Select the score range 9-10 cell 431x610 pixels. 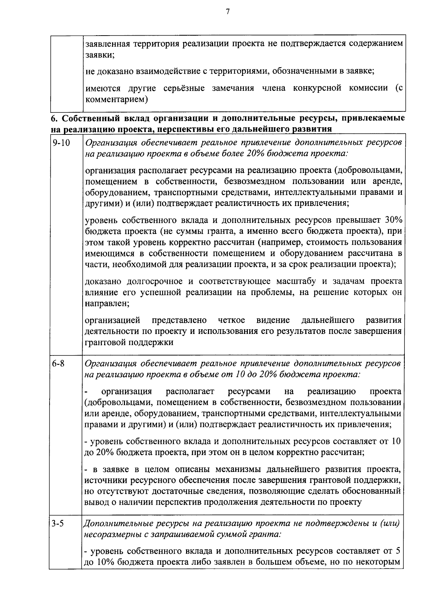(61, 143)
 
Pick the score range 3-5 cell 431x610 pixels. (57, 523)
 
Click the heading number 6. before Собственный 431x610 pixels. (53, 118)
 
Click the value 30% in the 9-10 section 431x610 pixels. (393, 220)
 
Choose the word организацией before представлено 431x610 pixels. (112, 320)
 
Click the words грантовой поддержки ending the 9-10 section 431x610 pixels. (129, 342)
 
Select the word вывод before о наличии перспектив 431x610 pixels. (95, 502)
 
